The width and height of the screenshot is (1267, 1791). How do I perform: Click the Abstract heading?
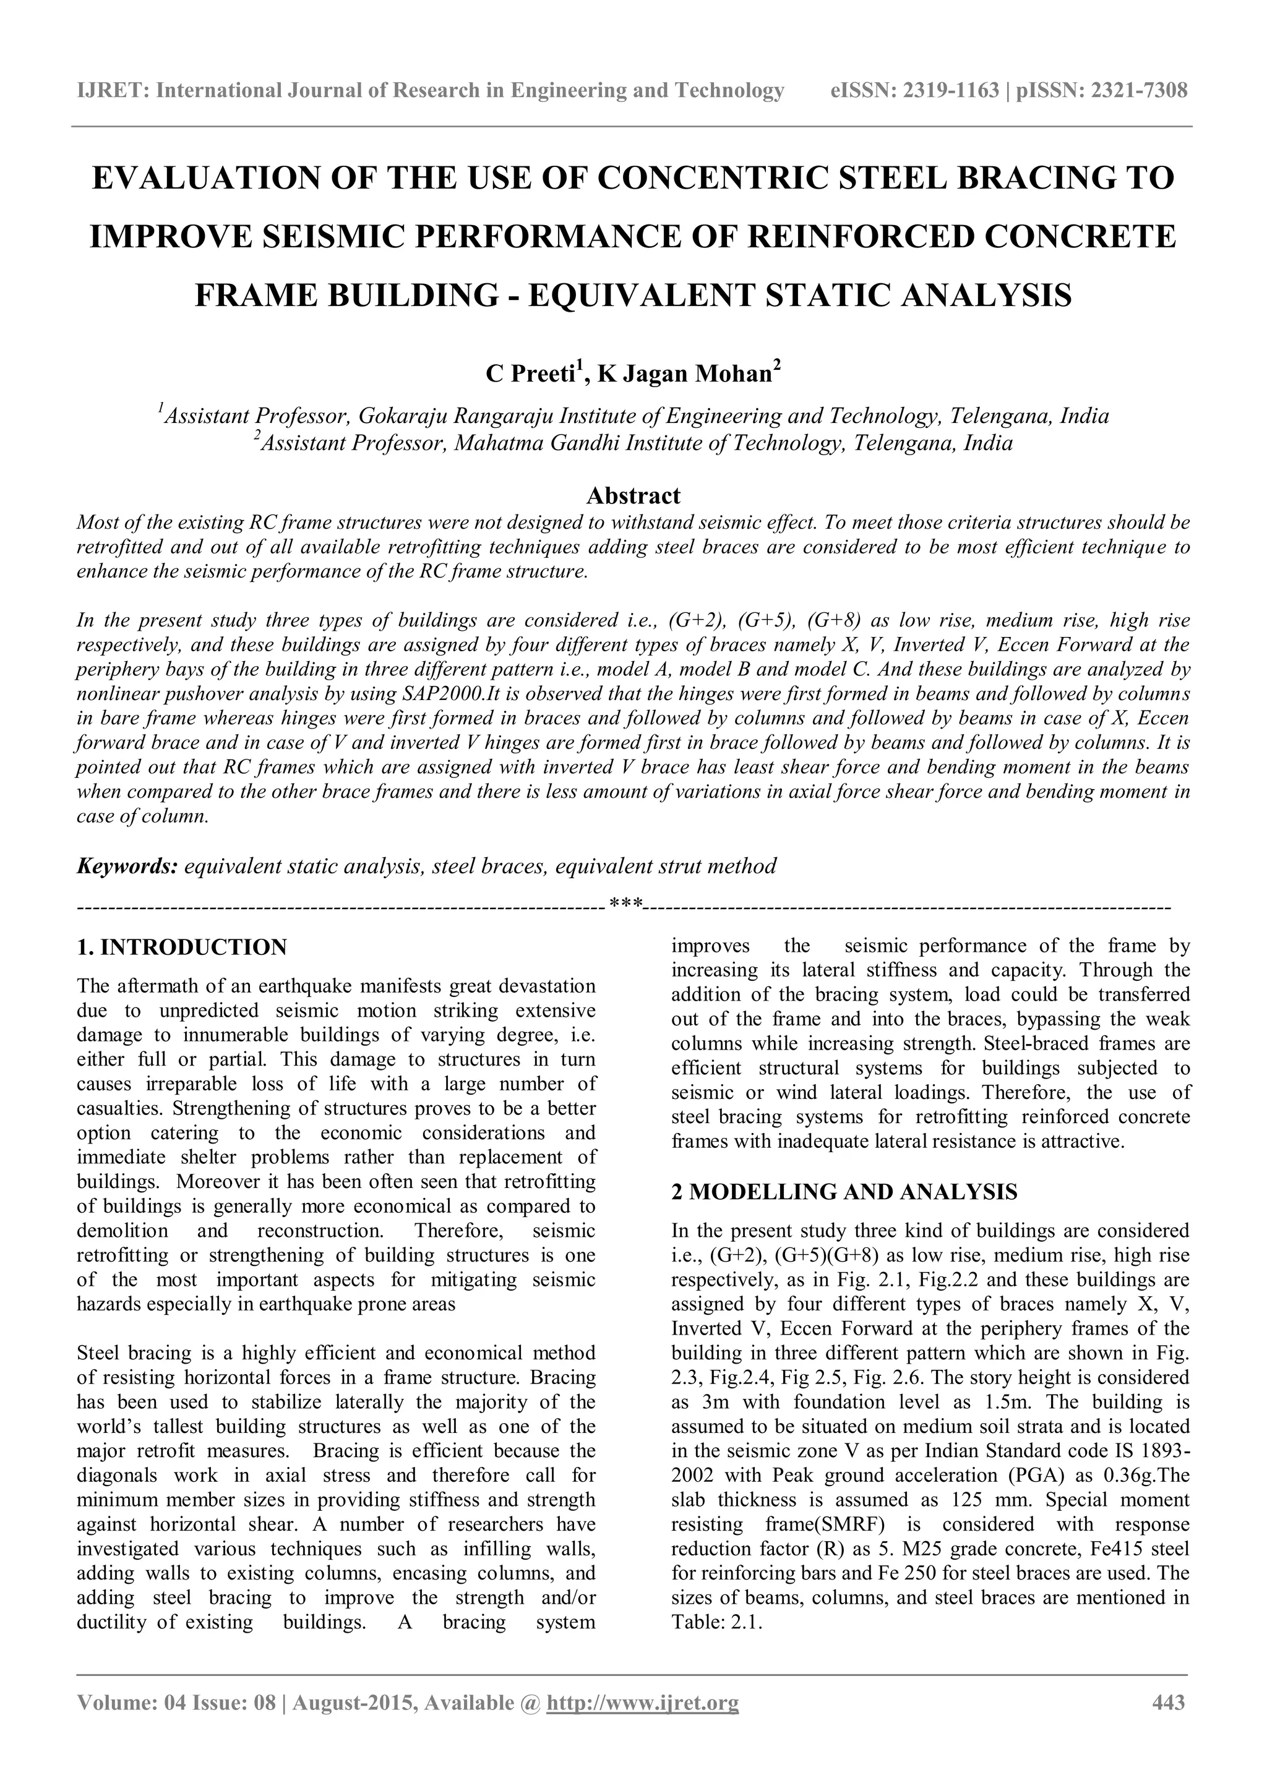coord(633,495)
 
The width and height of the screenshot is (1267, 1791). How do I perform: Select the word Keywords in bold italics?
coord(127,866)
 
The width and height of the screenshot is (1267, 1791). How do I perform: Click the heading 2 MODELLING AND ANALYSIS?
coord(844,1192)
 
